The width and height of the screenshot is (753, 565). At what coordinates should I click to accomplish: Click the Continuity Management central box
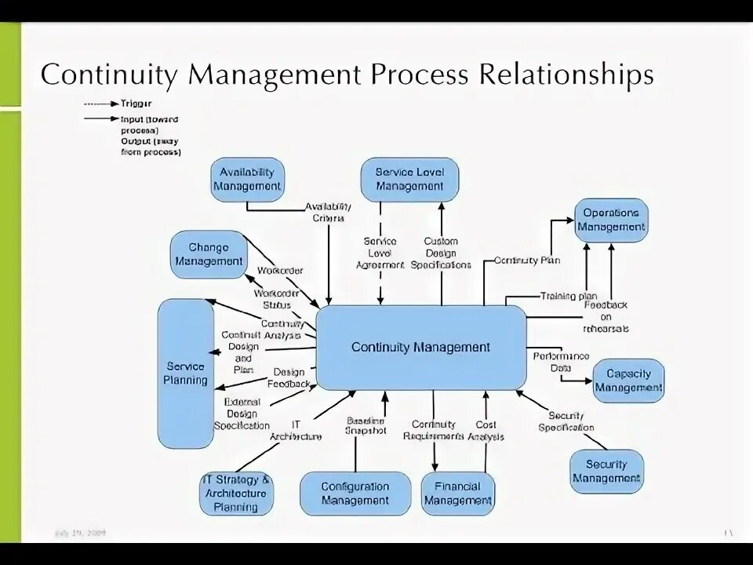[421, 347]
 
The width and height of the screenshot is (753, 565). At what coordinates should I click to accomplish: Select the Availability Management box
[247, 180]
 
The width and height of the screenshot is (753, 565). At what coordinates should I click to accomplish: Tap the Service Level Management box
[409, 180]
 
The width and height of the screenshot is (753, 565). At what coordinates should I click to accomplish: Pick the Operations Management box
[611, 220]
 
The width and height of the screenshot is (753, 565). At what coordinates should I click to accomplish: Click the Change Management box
[209, 254]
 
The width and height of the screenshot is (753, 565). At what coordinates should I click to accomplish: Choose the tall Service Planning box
[186, 374]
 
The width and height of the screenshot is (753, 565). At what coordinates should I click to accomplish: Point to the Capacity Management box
[628, 381]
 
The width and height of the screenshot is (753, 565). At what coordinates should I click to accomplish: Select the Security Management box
[606, 471]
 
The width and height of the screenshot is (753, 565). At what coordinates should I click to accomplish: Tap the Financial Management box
[458, 494]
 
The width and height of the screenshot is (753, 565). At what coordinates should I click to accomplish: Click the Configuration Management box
[355, 494]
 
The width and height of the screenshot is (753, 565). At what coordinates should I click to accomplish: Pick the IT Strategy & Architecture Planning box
[236, 494]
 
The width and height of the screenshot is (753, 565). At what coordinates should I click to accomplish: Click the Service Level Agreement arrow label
[380, 253]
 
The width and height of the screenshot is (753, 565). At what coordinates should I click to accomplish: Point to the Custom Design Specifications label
[441, 253]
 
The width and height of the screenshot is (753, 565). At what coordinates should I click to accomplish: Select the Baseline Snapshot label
[366, 425]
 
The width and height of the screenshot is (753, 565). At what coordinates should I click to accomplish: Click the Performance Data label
[561, 362]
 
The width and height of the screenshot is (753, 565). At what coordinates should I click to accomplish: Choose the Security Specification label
[566, 421]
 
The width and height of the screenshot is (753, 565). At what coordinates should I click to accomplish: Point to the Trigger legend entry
[136, 103]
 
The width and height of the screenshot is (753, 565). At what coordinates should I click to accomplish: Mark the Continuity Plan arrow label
[527, 261]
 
